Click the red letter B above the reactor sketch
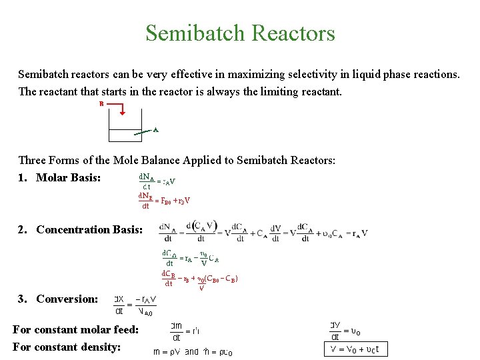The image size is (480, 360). pyautogui.click(x=101, y=104)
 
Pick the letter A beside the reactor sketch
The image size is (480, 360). pyautogui.click(x=155, y=130)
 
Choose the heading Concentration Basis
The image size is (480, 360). pyautogui.click(x=89, y=229)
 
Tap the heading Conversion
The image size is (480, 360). pyautogui.click(x=67, y=299)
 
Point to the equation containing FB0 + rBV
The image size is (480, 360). pyautogui.click(x=164, y=201)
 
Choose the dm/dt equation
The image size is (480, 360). pyautogui.click(x=187, y=331)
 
